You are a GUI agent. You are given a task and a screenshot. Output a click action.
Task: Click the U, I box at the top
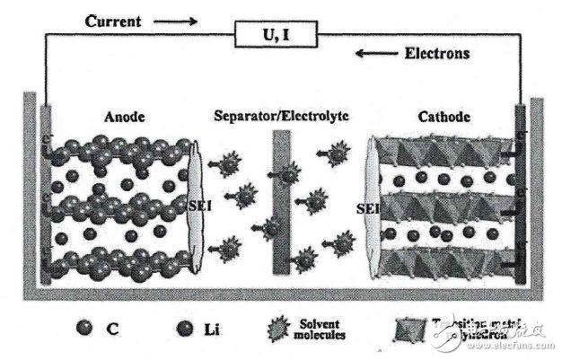[280, 35]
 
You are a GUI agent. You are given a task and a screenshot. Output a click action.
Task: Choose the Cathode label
[443, 117]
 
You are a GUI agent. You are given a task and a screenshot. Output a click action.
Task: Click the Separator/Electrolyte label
[281, 117]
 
